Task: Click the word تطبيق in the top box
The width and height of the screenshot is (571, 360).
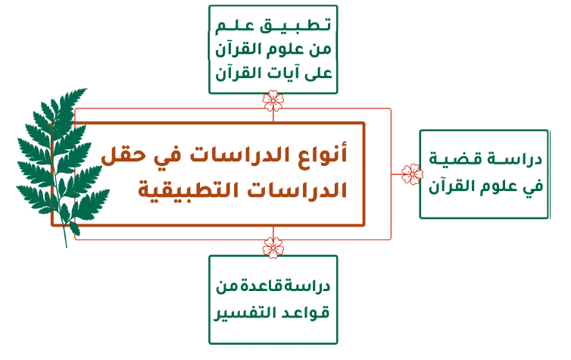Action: pos(295,26)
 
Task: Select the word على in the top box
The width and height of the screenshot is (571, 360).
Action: pos(318,74)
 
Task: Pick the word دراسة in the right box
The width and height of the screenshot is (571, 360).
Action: pos(521,159)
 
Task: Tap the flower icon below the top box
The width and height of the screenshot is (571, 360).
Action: pos(273,101)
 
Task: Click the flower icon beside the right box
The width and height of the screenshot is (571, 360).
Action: pos(412,174)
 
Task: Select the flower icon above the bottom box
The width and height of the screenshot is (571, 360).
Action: pos(273,247)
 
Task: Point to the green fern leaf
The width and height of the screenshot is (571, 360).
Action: pos(63,161)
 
